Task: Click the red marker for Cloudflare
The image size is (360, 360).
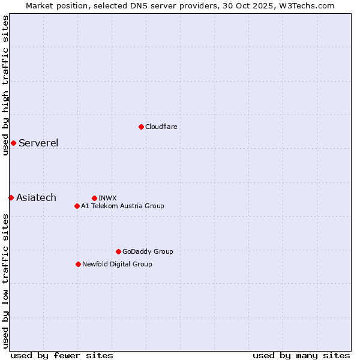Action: click(x=141, y=127)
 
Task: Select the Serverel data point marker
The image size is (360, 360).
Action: click(x=13, y=143)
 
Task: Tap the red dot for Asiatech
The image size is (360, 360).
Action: click(x=11, y=197)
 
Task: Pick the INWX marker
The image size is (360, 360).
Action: click(x=94, y=198)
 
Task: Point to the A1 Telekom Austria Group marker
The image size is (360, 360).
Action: click(x=77, y=206)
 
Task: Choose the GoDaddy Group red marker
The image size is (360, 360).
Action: click(x=118, y=251)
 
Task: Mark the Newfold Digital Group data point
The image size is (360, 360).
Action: click(x=78, y=264)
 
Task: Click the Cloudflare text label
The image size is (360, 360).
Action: click(x=161, y=127)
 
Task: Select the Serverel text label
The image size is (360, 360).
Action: click(x=38, y=143)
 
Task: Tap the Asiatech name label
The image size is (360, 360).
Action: click(x=36, y=197)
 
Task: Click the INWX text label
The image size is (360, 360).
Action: click(x=107, y=198)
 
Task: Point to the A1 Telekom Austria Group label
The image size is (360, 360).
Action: click(x=122, y=206)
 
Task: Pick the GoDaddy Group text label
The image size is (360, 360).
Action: click(x=148, y=251)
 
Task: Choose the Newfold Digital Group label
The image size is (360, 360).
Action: click(x=117, y=264)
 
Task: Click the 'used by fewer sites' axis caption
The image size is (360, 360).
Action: click(x=62, y=355)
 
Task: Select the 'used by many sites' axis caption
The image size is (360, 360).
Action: click(x=301, y=355)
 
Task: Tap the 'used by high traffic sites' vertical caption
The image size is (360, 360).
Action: click(x=5, y=85)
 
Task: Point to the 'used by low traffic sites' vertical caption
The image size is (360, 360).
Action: click(x=5, y=281)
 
